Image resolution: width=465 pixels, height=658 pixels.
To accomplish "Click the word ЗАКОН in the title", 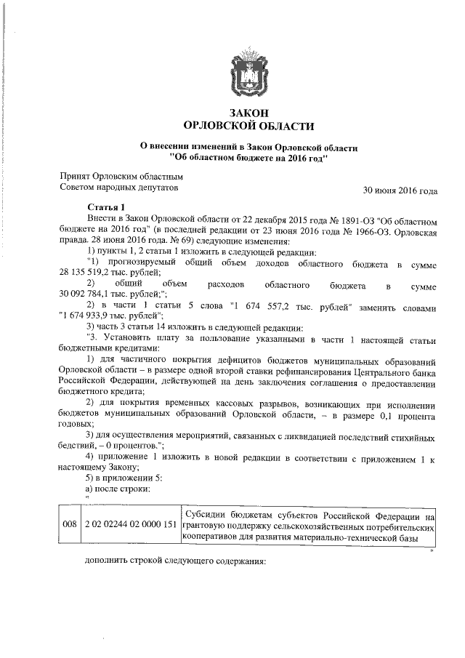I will (248, 113).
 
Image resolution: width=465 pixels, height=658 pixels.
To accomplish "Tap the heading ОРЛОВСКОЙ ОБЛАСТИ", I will (248, 127).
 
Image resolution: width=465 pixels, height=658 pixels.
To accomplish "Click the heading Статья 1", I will (106, 207).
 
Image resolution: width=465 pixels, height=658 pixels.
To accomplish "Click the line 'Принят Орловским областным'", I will (121, 176).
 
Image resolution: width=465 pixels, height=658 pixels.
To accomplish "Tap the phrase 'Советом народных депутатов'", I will (118, 188).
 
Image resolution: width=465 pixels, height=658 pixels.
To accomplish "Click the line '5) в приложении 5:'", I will (120, 478).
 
